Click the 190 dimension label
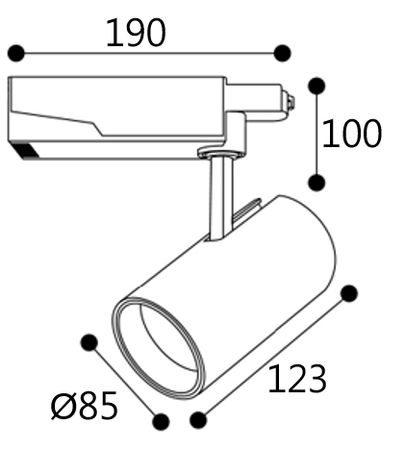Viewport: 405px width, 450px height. tap(136, 33)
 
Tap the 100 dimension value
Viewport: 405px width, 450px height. tap(351, 134)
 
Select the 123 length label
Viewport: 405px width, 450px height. tap(297, 379)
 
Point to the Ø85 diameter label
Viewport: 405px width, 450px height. tap(84, 406)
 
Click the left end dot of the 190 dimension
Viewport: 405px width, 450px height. tap(15, 53)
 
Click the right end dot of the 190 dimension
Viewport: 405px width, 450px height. tap(283, 53)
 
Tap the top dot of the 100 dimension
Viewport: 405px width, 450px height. tap(316, 86)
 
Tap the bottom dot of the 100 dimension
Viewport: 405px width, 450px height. tap(316, 183)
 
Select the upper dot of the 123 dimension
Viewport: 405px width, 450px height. tap(349, 293)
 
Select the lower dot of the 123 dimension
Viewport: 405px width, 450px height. tap(198, 420)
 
